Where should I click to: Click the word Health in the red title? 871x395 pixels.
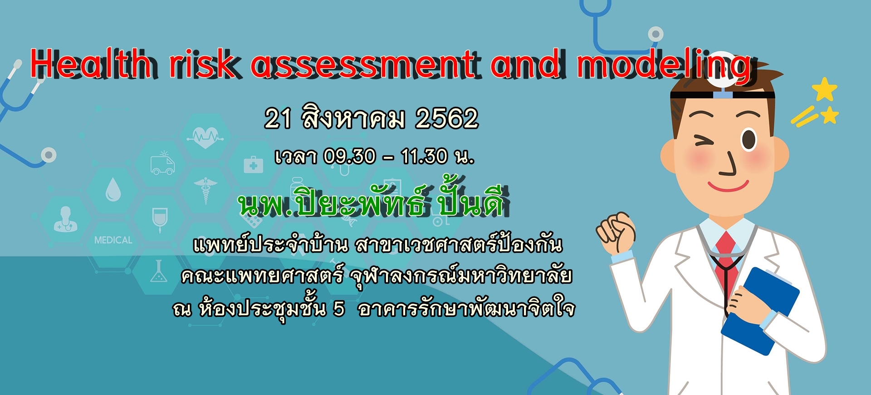91,64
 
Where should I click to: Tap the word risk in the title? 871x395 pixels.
203,64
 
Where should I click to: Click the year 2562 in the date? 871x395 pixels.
447,119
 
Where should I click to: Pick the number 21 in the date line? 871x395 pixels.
278,119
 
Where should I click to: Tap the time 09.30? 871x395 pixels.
350,157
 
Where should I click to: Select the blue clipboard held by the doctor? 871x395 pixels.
760,311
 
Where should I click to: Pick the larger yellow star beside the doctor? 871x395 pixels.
824,89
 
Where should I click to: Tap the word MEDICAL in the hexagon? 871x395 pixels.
113,240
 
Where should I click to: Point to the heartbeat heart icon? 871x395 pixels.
206,136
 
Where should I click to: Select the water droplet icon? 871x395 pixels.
113,189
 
